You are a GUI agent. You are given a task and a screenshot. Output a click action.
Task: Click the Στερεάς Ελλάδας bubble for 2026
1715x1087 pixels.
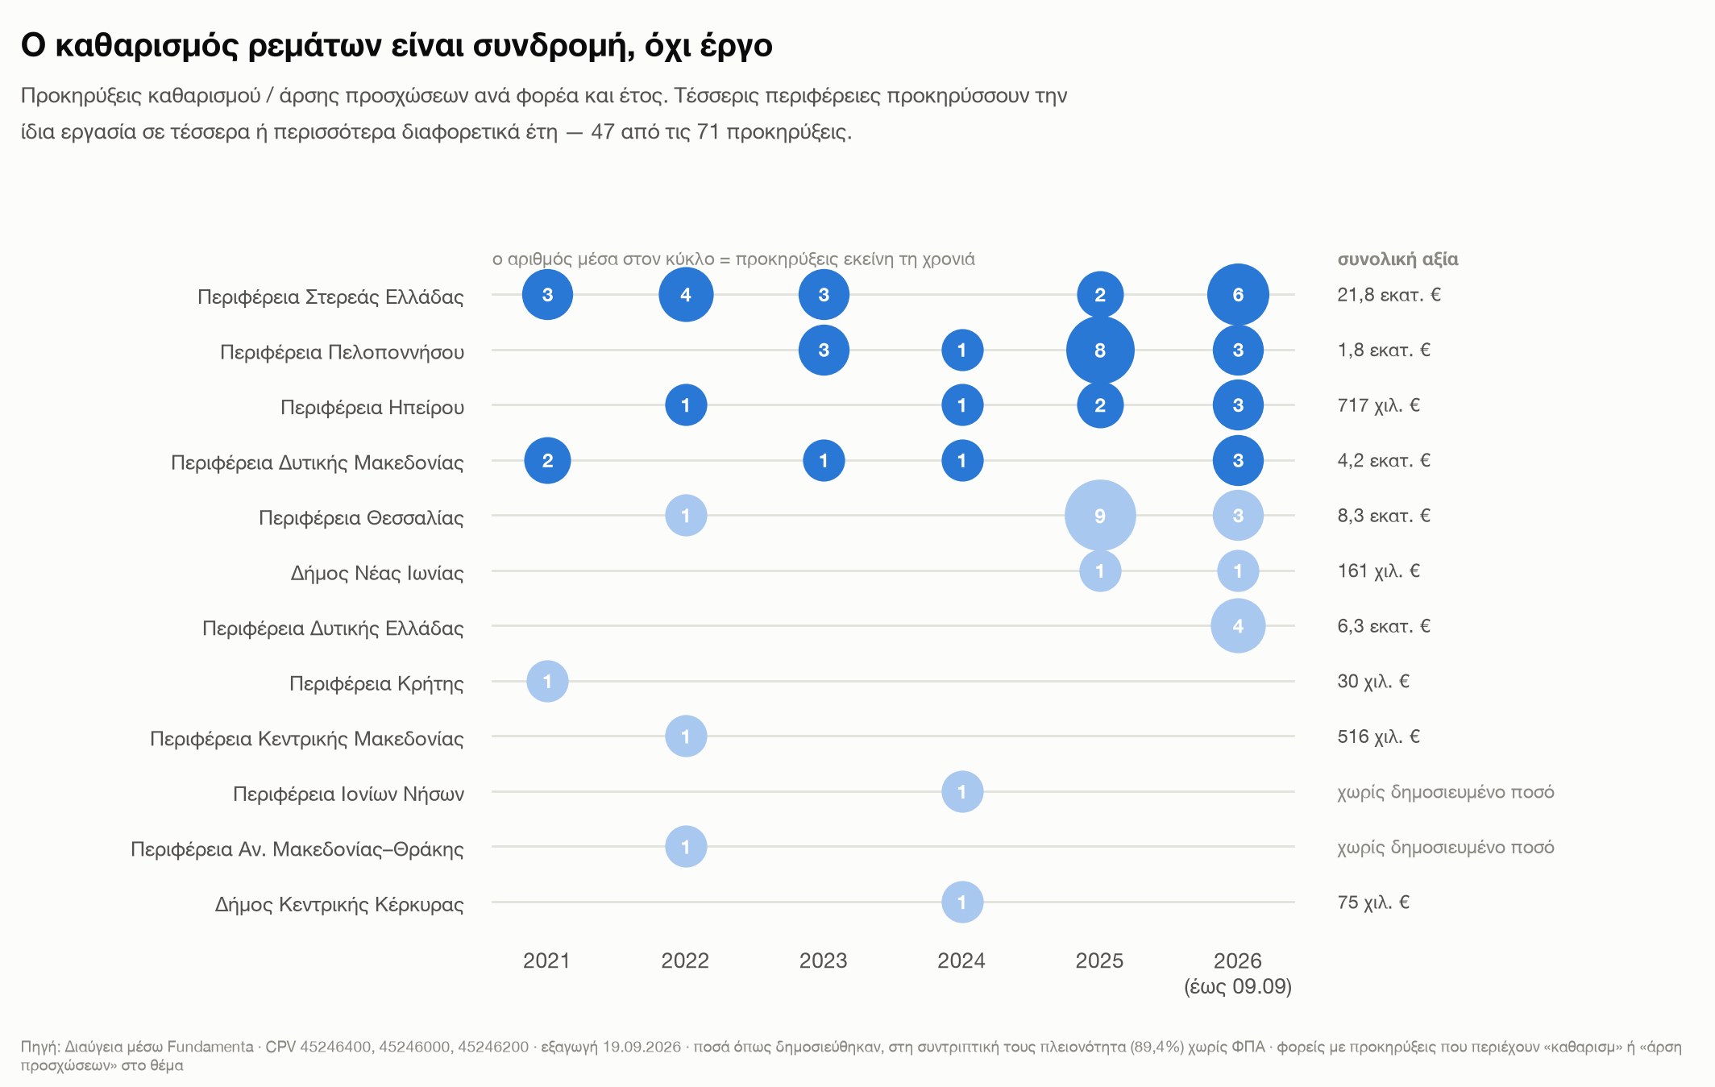click(x=1238, y=295)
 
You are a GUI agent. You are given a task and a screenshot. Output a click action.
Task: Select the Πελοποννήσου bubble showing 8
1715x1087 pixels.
click(x=1100, y=351)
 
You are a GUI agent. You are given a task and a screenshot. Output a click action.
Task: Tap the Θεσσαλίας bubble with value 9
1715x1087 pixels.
click(x=1100, y=516)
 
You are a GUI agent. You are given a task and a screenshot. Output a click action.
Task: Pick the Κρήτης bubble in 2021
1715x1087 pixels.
click(x=547, y=682)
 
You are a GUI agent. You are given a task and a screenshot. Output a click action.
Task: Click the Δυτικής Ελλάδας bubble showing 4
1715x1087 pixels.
click(x=1238, y=626)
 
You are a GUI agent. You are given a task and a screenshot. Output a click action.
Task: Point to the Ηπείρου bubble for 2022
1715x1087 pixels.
click(x=686, y=405)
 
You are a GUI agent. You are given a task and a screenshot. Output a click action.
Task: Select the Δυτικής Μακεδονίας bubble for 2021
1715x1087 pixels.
click(x=547, y=461)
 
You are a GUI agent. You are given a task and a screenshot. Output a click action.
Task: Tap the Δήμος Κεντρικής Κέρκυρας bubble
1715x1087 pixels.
click(x=962, y=902)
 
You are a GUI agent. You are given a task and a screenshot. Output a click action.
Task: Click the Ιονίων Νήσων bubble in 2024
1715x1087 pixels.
click(x=962, y=792)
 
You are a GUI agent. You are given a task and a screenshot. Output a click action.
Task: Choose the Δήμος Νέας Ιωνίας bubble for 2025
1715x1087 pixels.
click(x=1100, y=571)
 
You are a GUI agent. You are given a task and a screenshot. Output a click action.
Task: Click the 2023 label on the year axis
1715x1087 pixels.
click(x=823, y=960)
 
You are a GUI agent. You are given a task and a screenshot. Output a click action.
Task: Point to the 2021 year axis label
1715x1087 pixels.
click(x=546, y=960)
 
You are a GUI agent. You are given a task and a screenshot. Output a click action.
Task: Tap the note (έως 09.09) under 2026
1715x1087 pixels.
click(x=1238, y=987)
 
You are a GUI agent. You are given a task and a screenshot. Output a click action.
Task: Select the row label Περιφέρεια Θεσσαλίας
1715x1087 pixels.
click(x=361, y=517)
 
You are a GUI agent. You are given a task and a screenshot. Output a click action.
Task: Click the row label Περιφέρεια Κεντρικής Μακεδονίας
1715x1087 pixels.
click(x=307, y=739)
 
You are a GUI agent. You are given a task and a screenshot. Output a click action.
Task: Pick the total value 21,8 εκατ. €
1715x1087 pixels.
click(x=1389, y=295)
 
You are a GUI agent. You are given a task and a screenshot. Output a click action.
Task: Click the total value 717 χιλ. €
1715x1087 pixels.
click(x=1378, y=405)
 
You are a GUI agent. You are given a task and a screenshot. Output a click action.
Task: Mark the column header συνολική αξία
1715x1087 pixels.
click(x=1397, y=259)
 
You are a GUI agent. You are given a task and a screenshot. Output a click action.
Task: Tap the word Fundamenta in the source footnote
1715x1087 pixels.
click(x=210, y=1047)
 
